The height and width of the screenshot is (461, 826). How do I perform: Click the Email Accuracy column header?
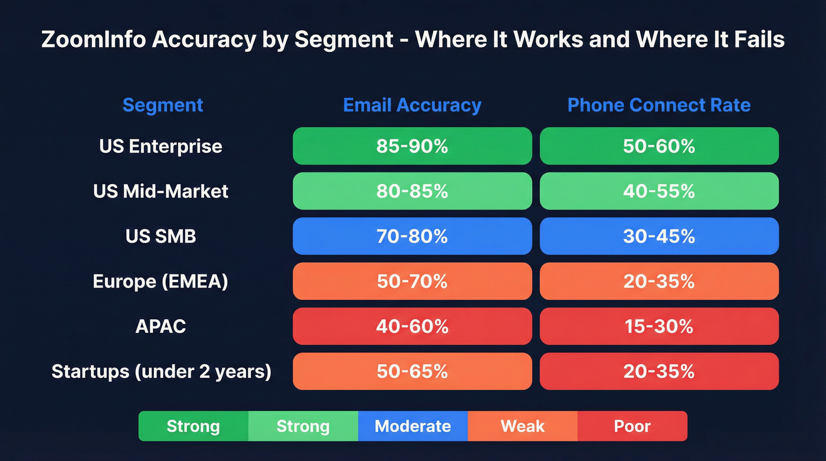(412, 105)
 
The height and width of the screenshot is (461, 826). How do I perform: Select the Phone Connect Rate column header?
(658, 105)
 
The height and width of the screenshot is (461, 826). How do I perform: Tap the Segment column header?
(162, 105)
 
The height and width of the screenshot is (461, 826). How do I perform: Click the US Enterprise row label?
(160, 146)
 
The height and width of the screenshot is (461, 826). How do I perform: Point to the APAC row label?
(160, 326)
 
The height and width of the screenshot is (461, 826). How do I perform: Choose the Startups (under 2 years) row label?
(161, 371)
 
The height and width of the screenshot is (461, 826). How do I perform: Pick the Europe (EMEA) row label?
(160, 281)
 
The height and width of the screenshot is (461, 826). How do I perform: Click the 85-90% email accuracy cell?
(412, 146)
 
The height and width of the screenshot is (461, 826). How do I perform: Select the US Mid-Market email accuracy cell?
(412, 191)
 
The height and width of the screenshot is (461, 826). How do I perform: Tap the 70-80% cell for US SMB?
(412, 236)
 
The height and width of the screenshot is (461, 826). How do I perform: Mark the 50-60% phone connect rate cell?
(658, 146)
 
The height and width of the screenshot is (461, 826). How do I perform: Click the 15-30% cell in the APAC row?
(658, 326)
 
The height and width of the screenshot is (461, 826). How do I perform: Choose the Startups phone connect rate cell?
(658, 371)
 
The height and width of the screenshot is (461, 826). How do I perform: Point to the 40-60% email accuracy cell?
(412, 326)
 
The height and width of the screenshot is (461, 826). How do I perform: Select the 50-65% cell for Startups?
(412, 371)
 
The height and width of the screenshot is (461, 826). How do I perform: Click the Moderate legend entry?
(412, 426)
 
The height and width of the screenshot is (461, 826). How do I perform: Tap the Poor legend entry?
(632, 426)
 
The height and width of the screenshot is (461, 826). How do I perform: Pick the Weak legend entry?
(522, 426)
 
